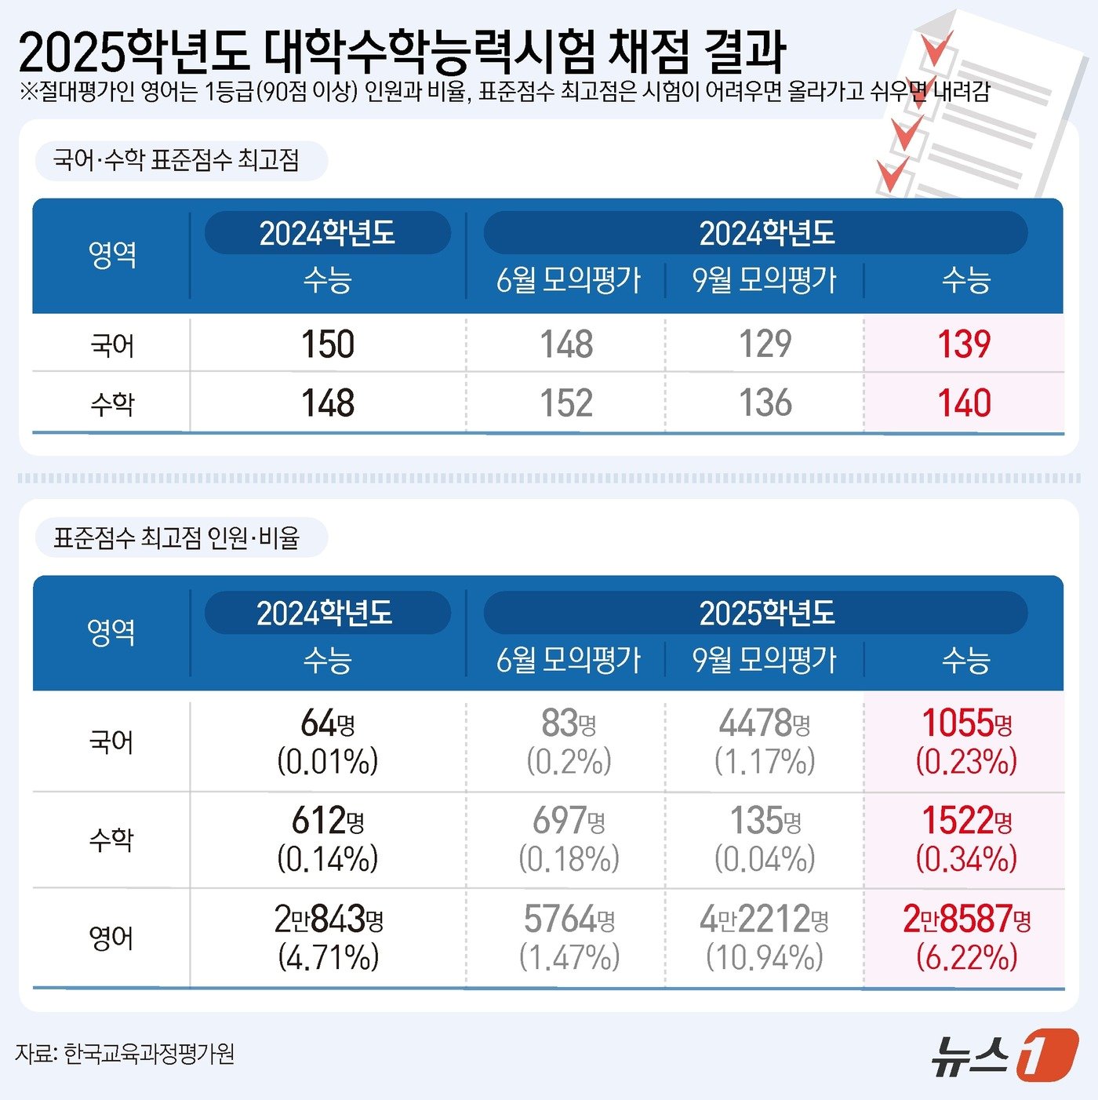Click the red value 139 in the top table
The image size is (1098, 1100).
pyautogui.click(x=964, y=344)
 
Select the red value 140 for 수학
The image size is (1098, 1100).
pyautogui.click(x=964, y=403)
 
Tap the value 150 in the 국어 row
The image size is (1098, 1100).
pyautogui.click(x=328, y=344)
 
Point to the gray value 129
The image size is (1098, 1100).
pyautogui.click(x=765, y=344)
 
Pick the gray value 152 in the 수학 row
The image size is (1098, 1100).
pyautogui.click(x=566, y=403)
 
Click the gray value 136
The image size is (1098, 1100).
pyautogui.click(x=765, y=403)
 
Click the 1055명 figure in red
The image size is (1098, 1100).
pyautogui.click(x=966, y=723)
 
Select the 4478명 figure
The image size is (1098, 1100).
pyautogui.click(x=765, y=723)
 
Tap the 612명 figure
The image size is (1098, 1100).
pyautogui.click(x=328, y=821)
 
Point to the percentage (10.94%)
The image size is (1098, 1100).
pyautogui.click(x=765, y=957)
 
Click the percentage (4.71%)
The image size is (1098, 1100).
pyautogui.click(x=328, y=957)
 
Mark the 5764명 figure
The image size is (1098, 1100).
pyautogui.click(x=569, y=919)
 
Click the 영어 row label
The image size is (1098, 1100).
pyautogui.click(x=111, y=938)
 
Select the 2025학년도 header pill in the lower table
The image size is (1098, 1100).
pyautogui.click(x=755, y=613)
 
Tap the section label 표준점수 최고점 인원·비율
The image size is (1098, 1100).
pyautogui.click(x=176, y=538)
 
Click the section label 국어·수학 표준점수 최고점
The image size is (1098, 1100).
pyautogui.click(x=176, y=161)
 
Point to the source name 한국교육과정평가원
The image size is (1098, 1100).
pyautogui.click(x=149, y=1054)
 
